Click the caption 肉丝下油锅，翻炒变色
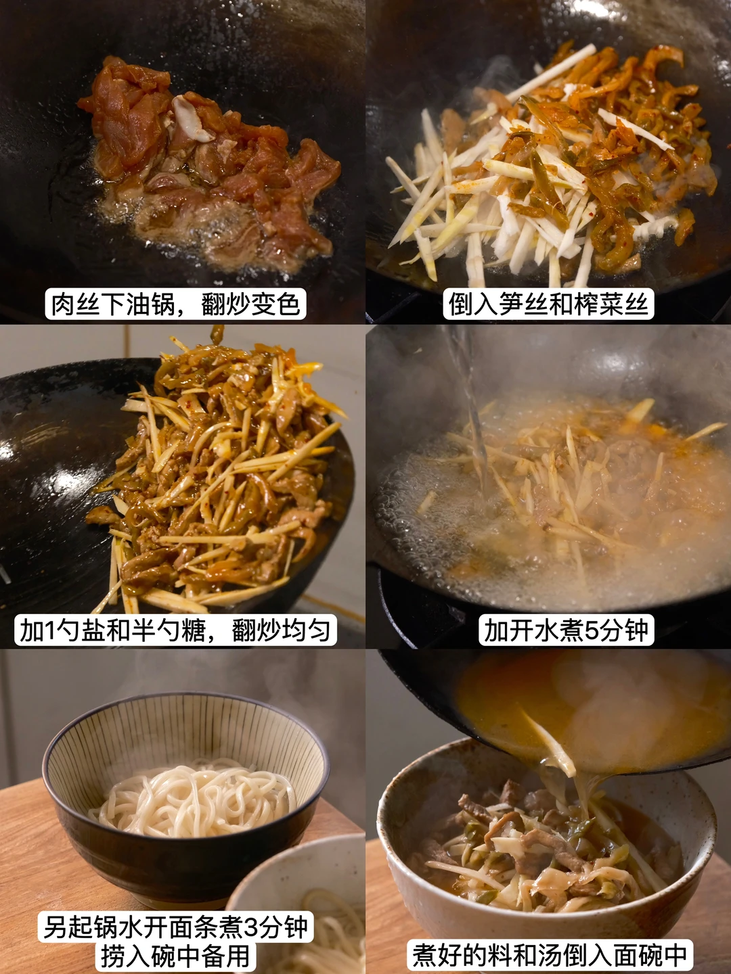(176, 304)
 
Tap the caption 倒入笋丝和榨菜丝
(548, 304)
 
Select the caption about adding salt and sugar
(175, 630)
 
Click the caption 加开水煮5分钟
(567, 630)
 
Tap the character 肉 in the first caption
(62, 304)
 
